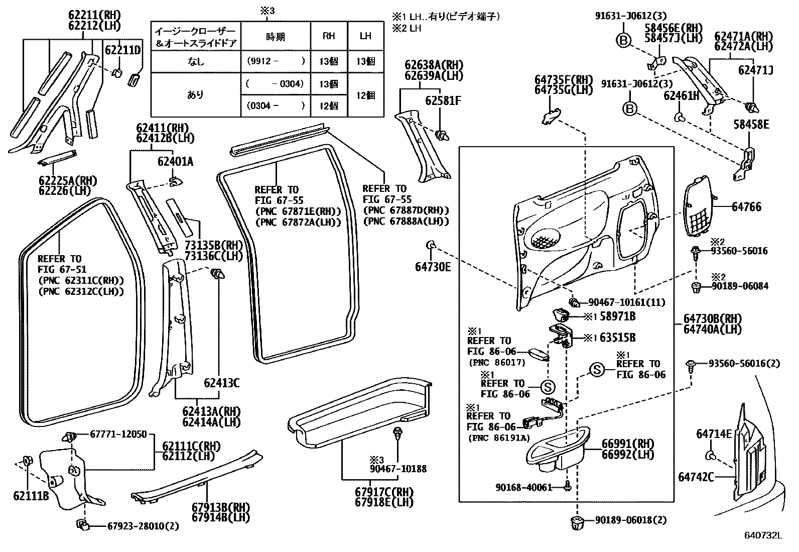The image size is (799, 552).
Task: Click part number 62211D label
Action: pyautogui.click(x=122, y=50)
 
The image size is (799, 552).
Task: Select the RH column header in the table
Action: pyautogui.click(x=329, y=36)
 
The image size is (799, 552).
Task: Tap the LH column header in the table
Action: pyautogui.click(x=366, y=36)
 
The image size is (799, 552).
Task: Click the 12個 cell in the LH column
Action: pyautogui.click(x=366, y=95)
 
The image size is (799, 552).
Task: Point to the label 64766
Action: pyautogui.click(x=746, y=206)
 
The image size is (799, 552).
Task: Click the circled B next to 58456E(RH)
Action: pyautogui.click(x=623, y=41)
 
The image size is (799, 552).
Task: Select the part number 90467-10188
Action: pyautogui.click(x=398, y=469)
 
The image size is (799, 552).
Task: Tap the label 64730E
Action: pyautogui.click(x=433, y=267)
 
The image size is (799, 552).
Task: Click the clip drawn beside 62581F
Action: pyautogui.click(x=442, y=134)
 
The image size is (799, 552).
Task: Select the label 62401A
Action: pyautogui.click(x=175, y=162)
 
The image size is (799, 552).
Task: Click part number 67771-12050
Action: pyautogui.click(x=118, y=433)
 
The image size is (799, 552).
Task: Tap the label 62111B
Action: pyautogui.click(x=31, y=496)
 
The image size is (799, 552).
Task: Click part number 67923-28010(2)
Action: pyautogui.click(x=143, y=526)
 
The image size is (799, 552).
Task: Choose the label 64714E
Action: pyautogui.click(x=714, y=433)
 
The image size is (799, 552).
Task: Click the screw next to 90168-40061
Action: pyautogui.click(x=567, y=486)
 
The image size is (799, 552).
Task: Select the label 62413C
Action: pyautogui.click(x=221, y=383)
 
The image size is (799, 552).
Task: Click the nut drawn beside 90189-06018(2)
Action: pyautogui.click(x=576, y=521)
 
